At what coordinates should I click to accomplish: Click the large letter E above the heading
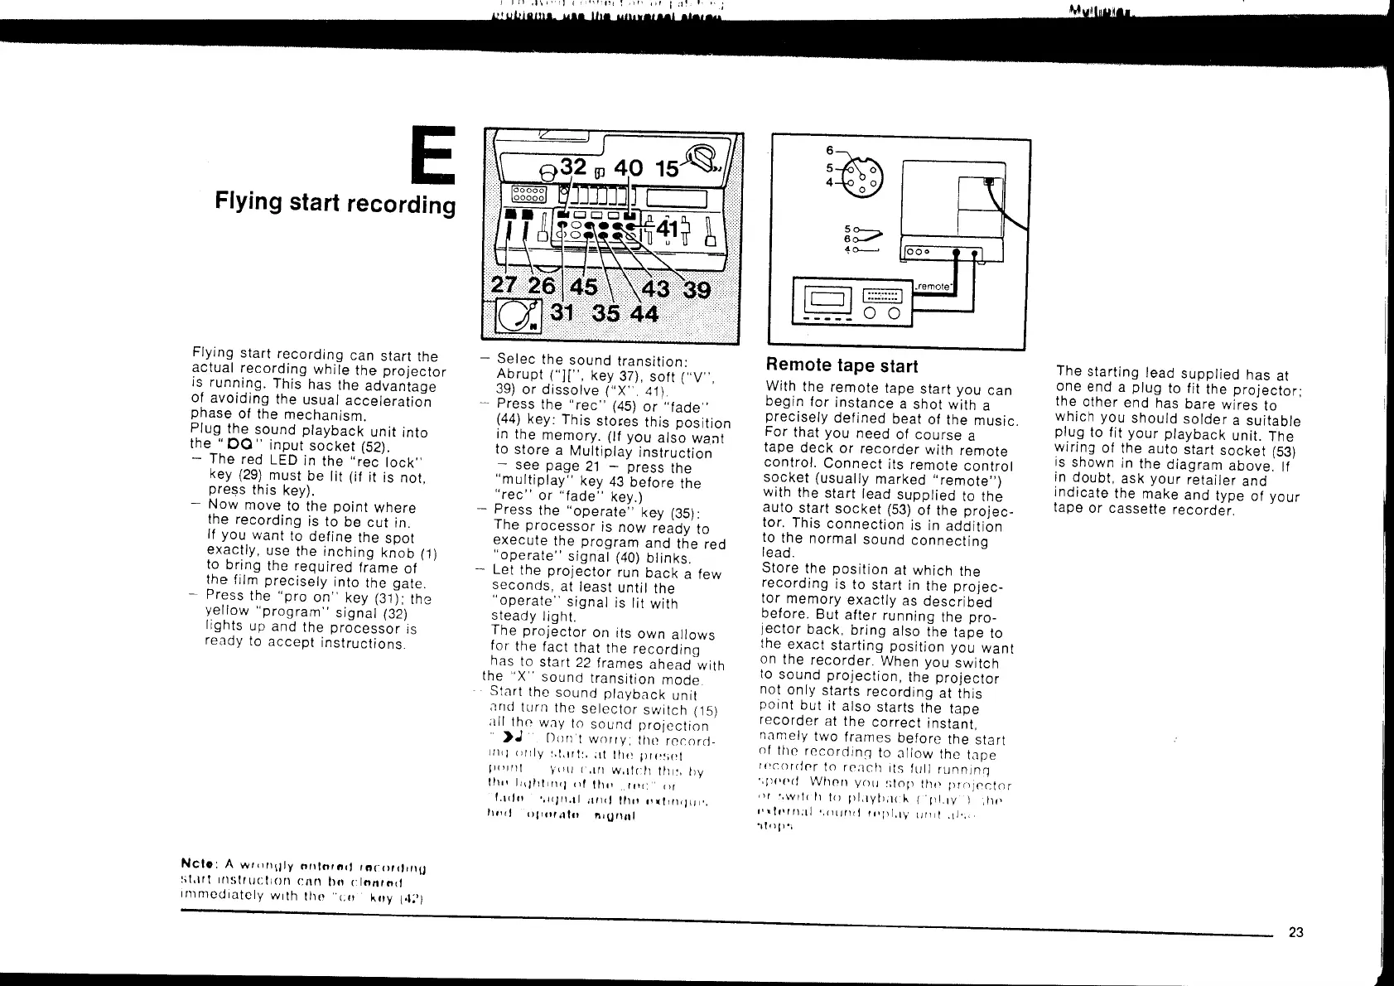(433, 155)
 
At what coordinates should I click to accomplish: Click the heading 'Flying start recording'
(335, 202)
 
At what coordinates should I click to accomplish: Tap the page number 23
(1296, 932)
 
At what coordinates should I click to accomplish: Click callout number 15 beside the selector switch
(667, 168)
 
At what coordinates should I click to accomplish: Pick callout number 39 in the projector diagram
(696, 290)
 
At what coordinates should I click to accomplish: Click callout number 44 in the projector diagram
(644, 315)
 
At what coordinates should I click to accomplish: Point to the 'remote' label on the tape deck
(932, 284)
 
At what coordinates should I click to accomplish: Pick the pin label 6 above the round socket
(829, 150)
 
